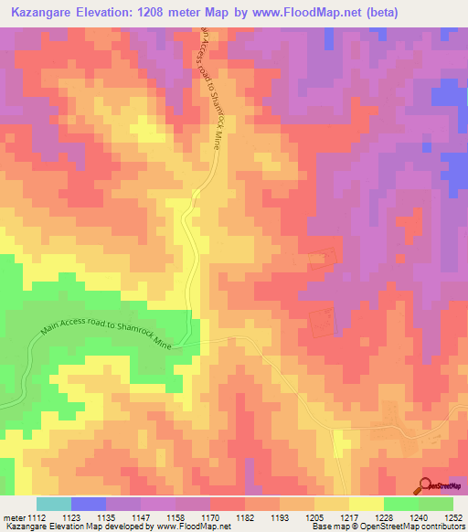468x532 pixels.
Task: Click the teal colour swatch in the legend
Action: point(54,504)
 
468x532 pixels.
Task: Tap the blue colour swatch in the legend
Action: point(89,504)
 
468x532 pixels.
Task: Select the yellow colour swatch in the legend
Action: point(367,504)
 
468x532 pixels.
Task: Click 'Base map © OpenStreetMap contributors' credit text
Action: point(386,527)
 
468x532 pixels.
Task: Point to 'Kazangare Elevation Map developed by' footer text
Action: point(64,527)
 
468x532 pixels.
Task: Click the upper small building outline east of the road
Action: point(322,261)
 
